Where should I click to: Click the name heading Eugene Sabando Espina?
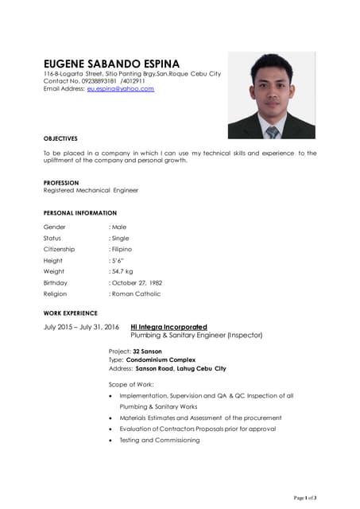pyautogui.click(x=111, y=64)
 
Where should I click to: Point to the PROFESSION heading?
pyautogui.click(x=61, y=183)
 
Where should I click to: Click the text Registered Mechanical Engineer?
pyautogui.click(x=91, y=191)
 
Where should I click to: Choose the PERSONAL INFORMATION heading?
pyautogui.click(x=79, y=213)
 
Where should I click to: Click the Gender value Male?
pyautogui.click(x=119, y=227)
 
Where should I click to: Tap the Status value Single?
pyautogui.click(x=120, y=239)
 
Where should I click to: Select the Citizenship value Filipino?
pyautogui.click(x=122, y=250)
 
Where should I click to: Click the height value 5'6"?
pyautogui.click(x=118, y=261)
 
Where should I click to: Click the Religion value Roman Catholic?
pyautogui.click(x=136, y=294)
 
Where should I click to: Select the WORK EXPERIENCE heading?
pyautogui.click(x=71, y=313)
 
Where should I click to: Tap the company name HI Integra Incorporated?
pyautogui.click(x=168, y=327)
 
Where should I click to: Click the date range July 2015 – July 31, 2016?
pyautogui.click(x=81, y=327)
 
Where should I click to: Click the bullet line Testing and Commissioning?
pyautogui.click(x=160, y=441)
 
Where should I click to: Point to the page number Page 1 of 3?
pyautogui.click(x=305, y=498)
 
